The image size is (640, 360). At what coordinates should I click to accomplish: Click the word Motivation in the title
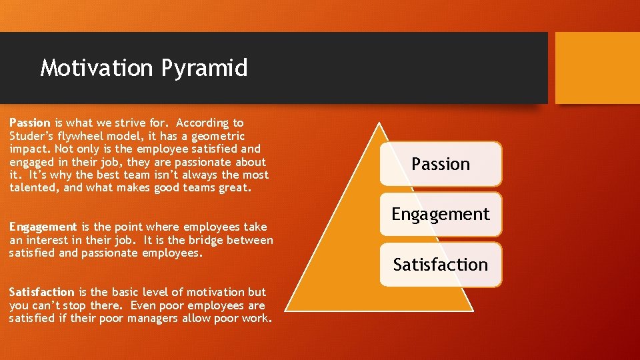96,68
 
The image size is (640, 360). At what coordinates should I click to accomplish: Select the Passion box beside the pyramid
441,163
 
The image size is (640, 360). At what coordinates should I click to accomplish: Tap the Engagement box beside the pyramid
441,214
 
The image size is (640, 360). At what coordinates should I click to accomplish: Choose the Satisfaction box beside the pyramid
441,265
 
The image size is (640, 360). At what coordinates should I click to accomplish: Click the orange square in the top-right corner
597,68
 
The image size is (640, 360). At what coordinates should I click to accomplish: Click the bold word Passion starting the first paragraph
30,123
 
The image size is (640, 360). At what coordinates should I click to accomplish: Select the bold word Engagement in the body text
43,227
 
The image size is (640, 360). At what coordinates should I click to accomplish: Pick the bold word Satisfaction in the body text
42,292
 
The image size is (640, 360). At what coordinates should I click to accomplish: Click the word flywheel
89,136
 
